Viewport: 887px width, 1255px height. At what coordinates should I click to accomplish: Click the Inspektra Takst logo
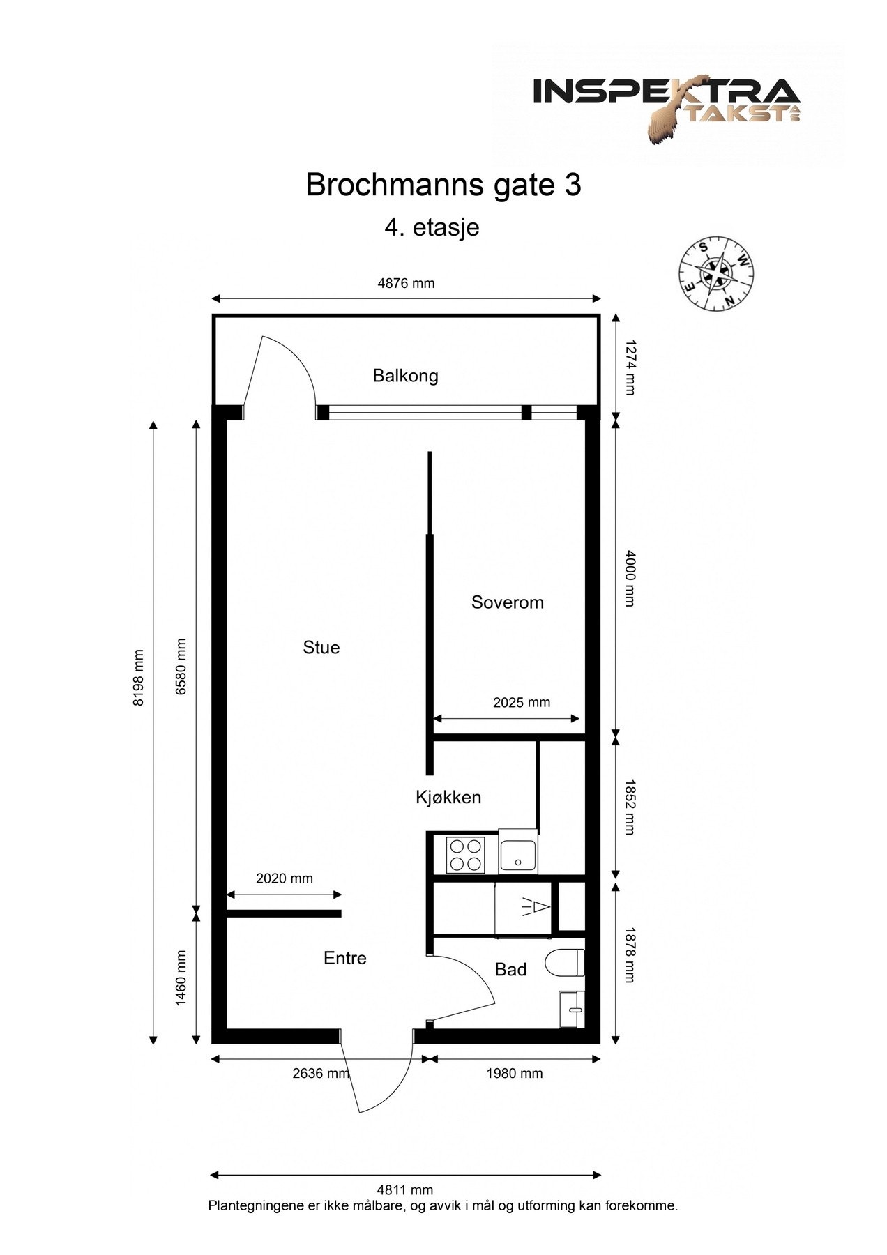666,105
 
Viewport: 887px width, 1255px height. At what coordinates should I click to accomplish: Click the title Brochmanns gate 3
443,185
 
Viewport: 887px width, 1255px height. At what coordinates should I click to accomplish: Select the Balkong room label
405,376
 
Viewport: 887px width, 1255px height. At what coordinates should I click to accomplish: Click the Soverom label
507,602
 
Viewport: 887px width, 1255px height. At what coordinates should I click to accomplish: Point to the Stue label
321,648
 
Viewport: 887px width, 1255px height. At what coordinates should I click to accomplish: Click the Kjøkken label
448,797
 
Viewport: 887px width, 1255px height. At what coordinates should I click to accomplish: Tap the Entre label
344,959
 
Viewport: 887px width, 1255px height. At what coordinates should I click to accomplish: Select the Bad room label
510,970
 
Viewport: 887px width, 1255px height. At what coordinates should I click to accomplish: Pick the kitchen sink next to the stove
518,854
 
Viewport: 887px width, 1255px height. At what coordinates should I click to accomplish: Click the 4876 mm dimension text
405,283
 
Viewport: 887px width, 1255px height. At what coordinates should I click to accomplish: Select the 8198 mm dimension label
139,678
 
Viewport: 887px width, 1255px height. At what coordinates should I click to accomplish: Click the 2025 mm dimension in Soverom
521,702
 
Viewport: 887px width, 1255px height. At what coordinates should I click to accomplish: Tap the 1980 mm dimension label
514,1073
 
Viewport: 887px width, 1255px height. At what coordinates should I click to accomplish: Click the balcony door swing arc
296,363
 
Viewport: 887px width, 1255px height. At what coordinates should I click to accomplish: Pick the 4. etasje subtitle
432,228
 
